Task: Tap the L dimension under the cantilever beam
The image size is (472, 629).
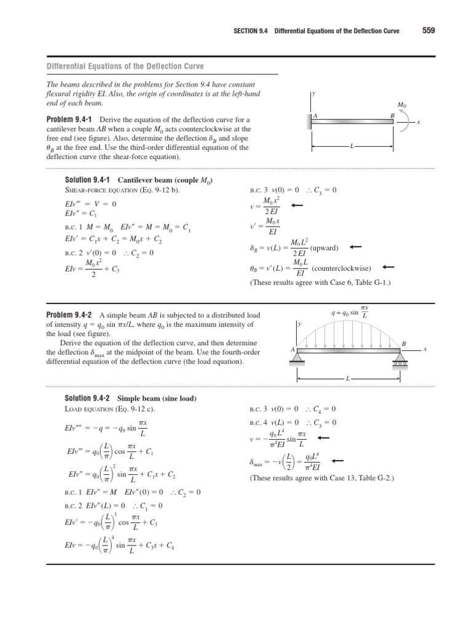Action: pos(352,147)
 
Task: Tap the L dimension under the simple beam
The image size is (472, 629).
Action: pos(348,378)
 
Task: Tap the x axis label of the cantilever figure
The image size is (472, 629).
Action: pos(418,123)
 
